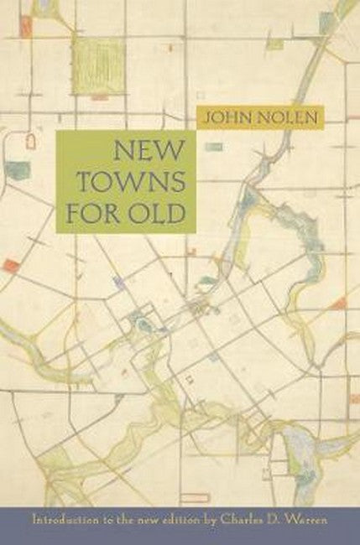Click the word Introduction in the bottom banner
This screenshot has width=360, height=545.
click(64, 518)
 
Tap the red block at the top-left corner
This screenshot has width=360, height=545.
click(25, 27)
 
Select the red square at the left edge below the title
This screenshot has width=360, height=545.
click(11, 266)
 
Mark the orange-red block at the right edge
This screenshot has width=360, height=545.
click(338, 303)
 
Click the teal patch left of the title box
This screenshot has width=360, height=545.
click(17, 170)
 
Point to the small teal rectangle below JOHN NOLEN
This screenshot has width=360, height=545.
click(214, 147)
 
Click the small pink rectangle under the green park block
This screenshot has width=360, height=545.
click(99, 98)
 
